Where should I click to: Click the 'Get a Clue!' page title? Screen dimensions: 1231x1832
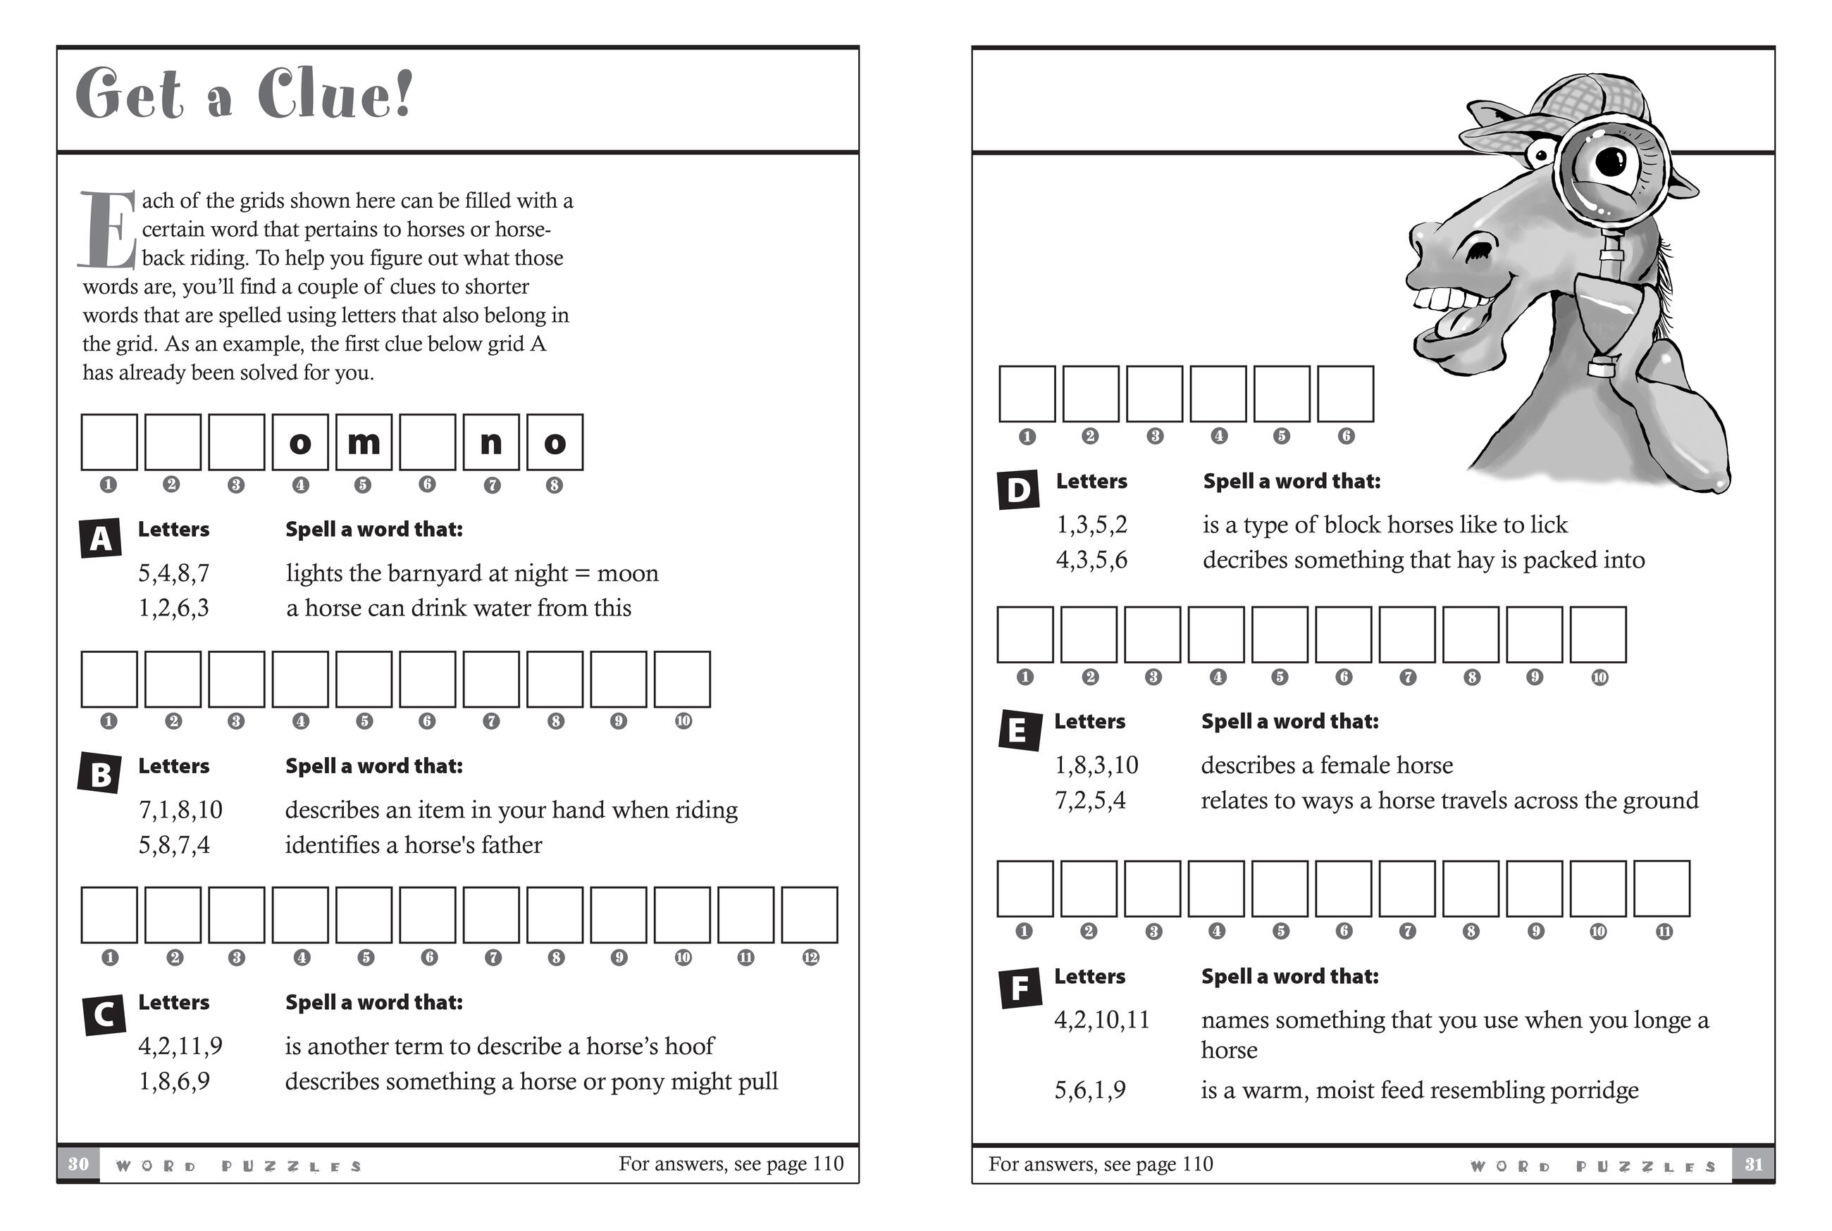(243, 94)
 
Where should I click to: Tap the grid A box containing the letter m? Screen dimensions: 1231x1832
(364, 443)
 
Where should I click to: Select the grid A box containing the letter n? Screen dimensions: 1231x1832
(491, 443)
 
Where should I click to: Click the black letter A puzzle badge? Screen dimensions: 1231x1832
(101, 539)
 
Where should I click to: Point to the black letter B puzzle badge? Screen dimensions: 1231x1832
(100, 774)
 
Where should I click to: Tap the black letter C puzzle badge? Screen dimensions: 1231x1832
(104, 1014)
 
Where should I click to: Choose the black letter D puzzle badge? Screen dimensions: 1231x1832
(1018, 490)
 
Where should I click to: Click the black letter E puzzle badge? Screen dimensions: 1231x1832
(1017, 730)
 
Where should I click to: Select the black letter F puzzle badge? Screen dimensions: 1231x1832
(1020, 987)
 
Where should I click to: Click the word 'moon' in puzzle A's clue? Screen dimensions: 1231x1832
(627, 574)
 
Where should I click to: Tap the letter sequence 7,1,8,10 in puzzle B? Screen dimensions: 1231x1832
(180, 809)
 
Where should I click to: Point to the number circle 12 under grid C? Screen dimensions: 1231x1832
(810, 957)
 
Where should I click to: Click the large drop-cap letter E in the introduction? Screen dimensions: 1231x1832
(109, 230)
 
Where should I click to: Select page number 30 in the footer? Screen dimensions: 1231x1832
(78, 1163)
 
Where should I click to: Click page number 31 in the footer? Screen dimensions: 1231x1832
(1754, 1163)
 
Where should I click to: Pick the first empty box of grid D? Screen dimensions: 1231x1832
(1027, 394)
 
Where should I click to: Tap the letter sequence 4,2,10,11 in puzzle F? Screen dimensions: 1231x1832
(1101, 1020)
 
